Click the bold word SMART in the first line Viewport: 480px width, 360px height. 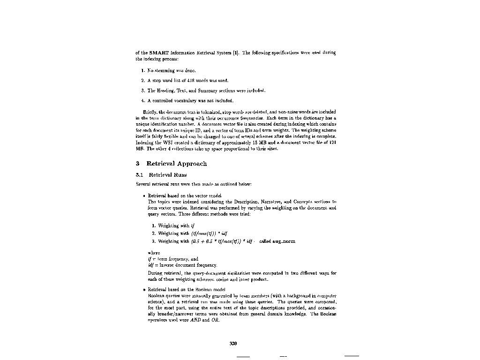coord(159,53)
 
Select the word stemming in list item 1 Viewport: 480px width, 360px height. coord(165,71)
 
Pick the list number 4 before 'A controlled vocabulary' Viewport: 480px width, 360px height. coord(142,100)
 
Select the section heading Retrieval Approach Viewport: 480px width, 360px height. coord(176,164)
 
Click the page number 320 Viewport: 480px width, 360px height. coord(233,344)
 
